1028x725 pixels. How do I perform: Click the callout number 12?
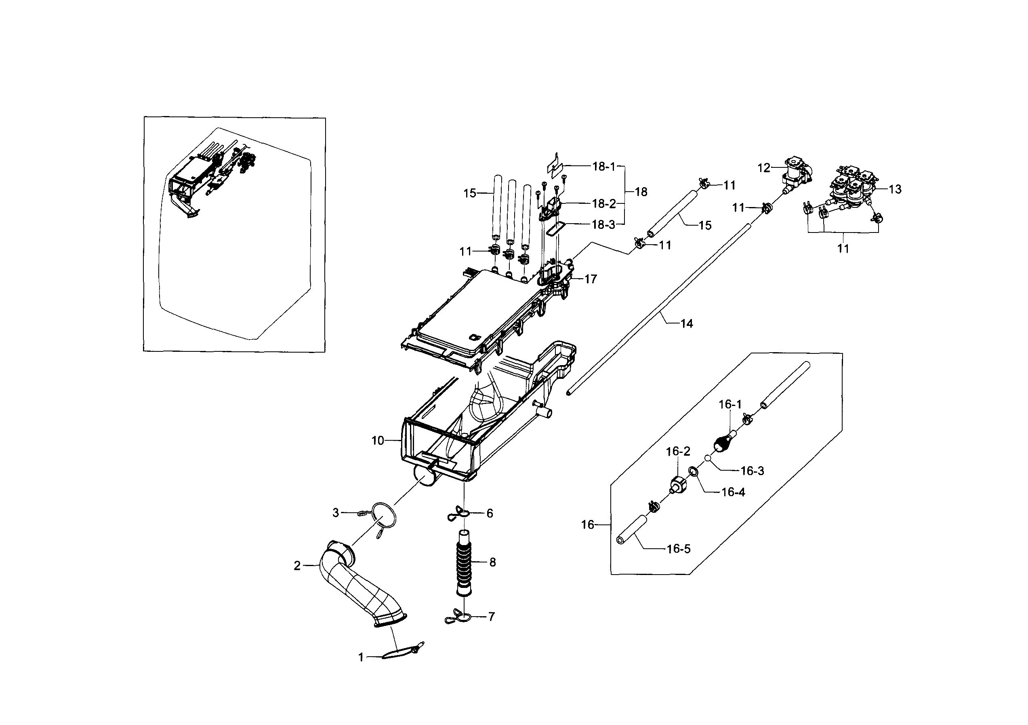(764, 168)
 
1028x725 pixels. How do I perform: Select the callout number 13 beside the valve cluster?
(895, 190)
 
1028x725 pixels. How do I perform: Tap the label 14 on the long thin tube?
(686, 323)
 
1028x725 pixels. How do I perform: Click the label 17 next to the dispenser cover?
(591, 279)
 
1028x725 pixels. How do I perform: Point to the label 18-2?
(603, 204)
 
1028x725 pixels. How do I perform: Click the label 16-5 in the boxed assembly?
(678, 549)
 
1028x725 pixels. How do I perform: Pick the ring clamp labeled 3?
(384, 515)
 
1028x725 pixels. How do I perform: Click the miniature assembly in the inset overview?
(210, 179)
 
